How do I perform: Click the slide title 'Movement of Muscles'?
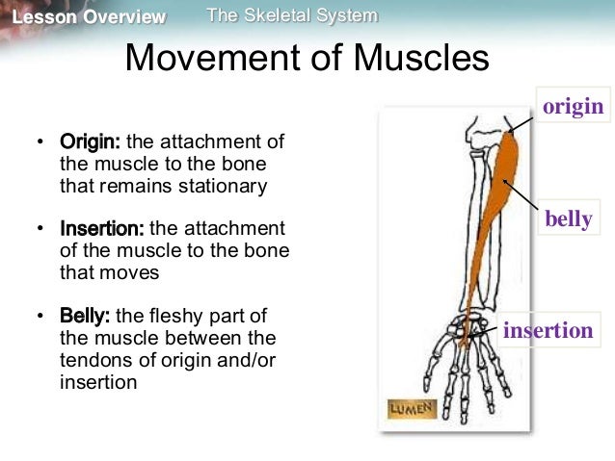307,59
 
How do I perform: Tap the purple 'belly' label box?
568,219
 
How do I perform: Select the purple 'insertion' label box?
548,331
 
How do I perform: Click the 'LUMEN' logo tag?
412,408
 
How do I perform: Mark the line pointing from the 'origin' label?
521,118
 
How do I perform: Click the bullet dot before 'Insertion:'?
40,230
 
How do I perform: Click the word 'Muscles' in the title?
420,59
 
